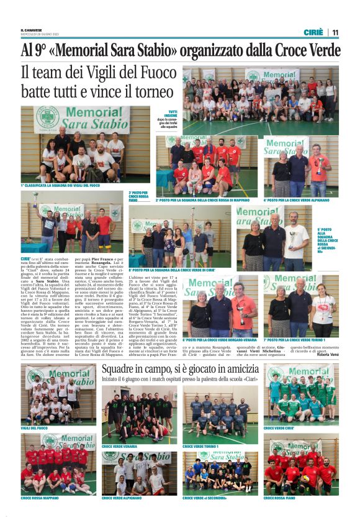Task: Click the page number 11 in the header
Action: click(335, 32)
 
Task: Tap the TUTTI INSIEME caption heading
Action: click(168, 112)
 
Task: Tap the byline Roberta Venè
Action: click(328, 354)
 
